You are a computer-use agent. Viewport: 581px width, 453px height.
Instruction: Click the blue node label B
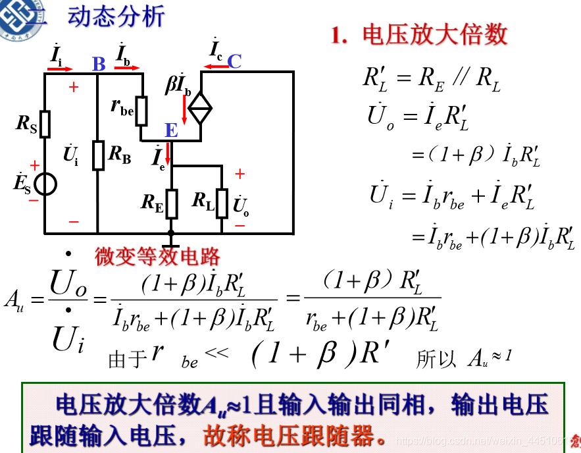coord(99,64)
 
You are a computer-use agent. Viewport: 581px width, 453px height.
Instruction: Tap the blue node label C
coord(234,61)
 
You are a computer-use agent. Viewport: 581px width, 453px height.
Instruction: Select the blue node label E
coord(171,130)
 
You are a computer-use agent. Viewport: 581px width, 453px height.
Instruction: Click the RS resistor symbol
coord(44,124)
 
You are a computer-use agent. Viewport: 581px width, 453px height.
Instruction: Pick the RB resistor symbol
coord(97,155)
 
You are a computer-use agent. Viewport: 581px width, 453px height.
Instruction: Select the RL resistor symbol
coord(222,202)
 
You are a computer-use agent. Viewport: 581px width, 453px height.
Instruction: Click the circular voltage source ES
coord(45,184)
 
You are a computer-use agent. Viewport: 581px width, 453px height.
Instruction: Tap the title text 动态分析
coord(115,16)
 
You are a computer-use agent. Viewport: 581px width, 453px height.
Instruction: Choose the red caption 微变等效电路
coord(157,256)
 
